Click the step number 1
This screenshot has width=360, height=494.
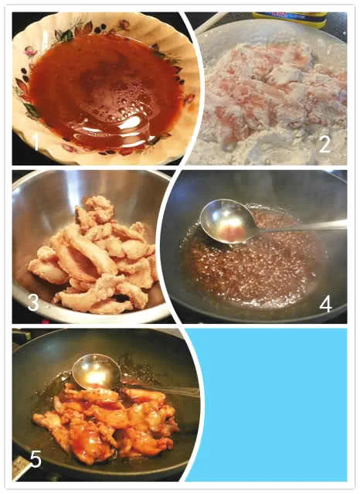pos(36,141)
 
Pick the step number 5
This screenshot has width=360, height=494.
pos(36,458)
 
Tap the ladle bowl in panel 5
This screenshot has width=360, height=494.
pos(96,371)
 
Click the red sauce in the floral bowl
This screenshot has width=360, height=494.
pos(104,91)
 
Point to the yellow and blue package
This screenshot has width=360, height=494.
pos(290,19)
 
